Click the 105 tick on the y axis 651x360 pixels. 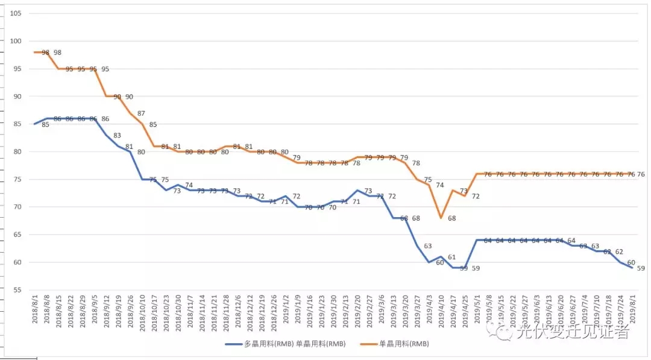coord(16,13)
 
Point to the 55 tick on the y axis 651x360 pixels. coord(17,290)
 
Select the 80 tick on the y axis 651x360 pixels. coord(17,151)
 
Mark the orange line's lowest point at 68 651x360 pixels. coord(441,217)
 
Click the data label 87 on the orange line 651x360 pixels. coord(141,113)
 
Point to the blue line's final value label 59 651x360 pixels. coord(641,268)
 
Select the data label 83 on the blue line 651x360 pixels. coord(117,136)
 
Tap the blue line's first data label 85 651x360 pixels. coord(45,125)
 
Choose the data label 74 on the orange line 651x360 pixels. coord(440,185)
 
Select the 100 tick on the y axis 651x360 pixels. coord(16,41)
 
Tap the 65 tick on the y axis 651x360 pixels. coord(17,235)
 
